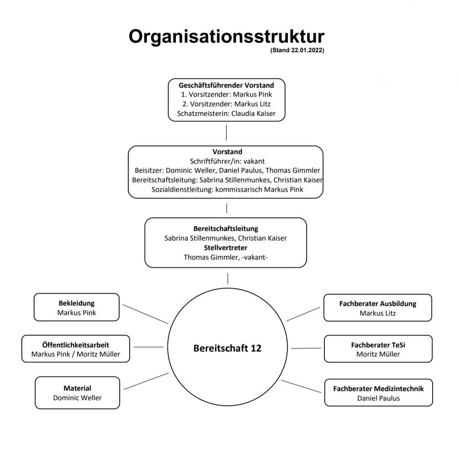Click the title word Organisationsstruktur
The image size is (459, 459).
coord(226,37)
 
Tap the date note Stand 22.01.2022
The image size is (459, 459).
coord(297,50)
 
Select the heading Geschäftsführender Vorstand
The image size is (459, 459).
coord(226,85)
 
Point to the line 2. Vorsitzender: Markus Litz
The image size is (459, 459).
coord(226,104)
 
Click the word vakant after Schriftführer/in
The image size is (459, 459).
coord(254,161)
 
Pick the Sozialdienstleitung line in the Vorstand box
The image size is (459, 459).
coord(227,189)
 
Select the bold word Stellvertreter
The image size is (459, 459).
coord(226,247)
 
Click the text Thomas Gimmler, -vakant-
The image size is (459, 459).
coord(226,257)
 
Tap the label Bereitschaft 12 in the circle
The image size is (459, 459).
coord(227,348)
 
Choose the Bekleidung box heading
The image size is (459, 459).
coord(77,303)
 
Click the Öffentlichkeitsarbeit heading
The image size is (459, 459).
coord(76,345)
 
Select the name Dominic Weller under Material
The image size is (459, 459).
coord(77,398)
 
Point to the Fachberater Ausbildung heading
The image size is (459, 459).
coord(378,304)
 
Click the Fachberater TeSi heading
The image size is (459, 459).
coord(378,345)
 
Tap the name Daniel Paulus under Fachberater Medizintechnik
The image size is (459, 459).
coord(378,398)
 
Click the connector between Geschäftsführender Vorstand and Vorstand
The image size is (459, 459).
coord(226,133)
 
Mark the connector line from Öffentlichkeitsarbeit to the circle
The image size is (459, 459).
coord(148,347)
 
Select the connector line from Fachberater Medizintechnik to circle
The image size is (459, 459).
coord(301,386)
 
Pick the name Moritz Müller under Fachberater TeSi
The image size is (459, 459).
coord(378,354)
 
